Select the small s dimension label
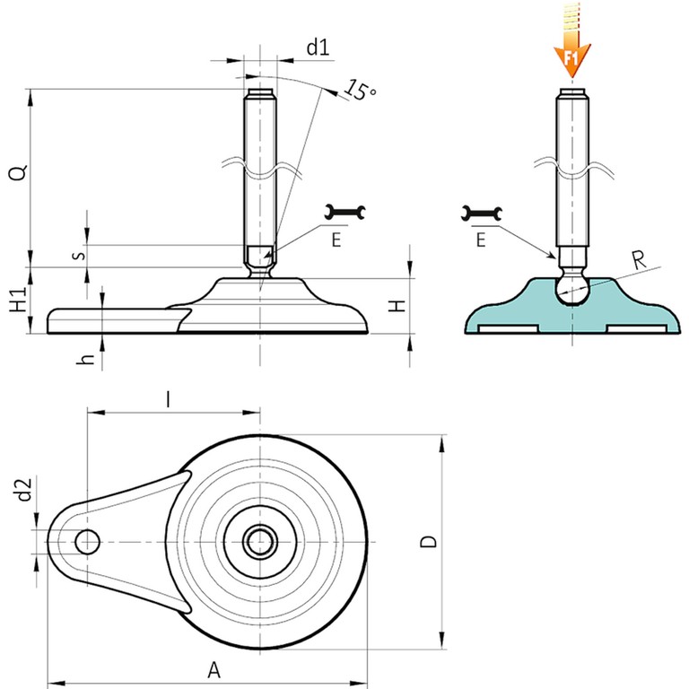coord(80,255)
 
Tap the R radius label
coord(639,261)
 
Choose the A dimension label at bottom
coord(213,669)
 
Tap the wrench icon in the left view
coord(345,212)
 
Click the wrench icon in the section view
coord(482,213)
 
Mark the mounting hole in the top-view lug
coord(88,541)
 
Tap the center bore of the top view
coord(261,541)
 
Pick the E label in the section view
coord(481,240)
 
